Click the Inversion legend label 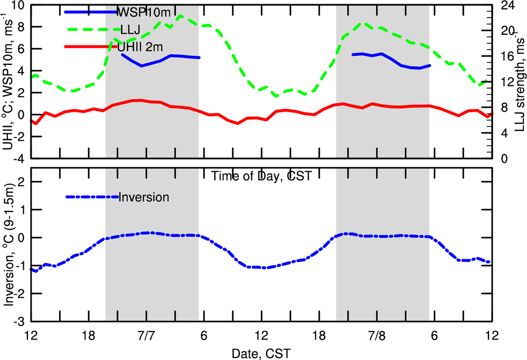pyautogui.click(x=144, y=198)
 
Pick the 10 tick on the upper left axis pyautogui.click(x=18, y=6)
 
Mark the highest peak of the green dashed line pyautogui.click(x=180, y=16)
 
